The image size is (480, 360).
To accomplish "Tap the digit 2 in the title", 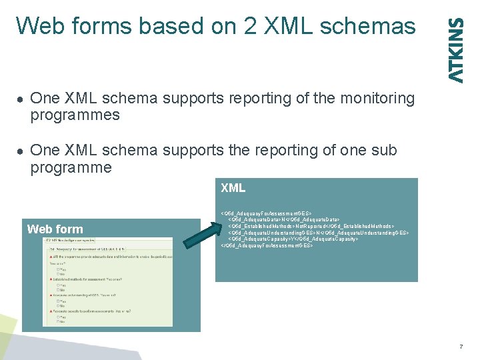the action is point(253,27).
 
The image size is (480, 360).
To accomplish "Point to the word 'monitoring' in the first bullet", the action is point(377,99).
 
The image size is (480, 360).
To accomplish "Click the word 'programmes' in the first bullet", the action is point(75,115).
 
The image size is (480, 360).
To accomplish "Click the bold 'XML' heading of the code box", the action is point(233,189).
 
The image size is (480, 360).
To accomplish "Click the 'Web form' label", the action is point(55,229).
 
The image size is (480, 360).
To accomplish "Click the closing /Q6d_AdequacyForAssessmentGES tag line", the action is point(267,246).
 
